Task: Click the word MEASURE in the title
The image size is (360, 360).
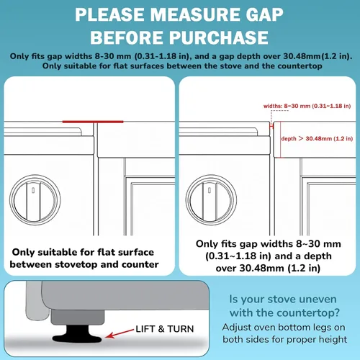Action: (x=195, y=15)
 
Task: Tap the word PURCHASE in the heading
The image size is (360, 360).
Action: (x=219, y=37)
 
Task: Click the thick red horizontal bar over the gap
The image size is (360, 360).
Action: (x=93, y=122)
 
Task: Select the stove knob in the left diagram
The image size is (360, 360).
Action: (x=35, y=200)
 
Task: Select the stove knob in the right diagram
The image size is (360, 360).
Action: (x=211, y=200)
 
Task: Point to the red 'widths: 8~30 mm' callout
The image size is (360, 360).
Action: (x=307, y=106)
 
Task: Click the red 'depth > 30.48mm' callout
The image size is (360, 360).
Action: (x=317, y=139)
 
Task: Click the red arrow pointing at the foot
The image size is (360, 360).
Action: (x=120, y=333)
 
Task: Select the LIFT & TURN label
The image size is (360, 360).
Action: (x=165, y=329)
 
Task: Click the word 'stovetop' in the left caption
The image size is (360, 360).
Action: (x=76, y=265)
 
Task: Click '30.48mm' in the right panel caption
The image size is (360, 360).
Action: (x=262, y=268)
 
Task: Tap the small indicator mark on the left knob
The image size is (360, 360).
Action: (x=33, y=190)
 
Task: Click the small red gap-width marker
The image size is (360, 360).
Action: (x=271, y=126)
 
